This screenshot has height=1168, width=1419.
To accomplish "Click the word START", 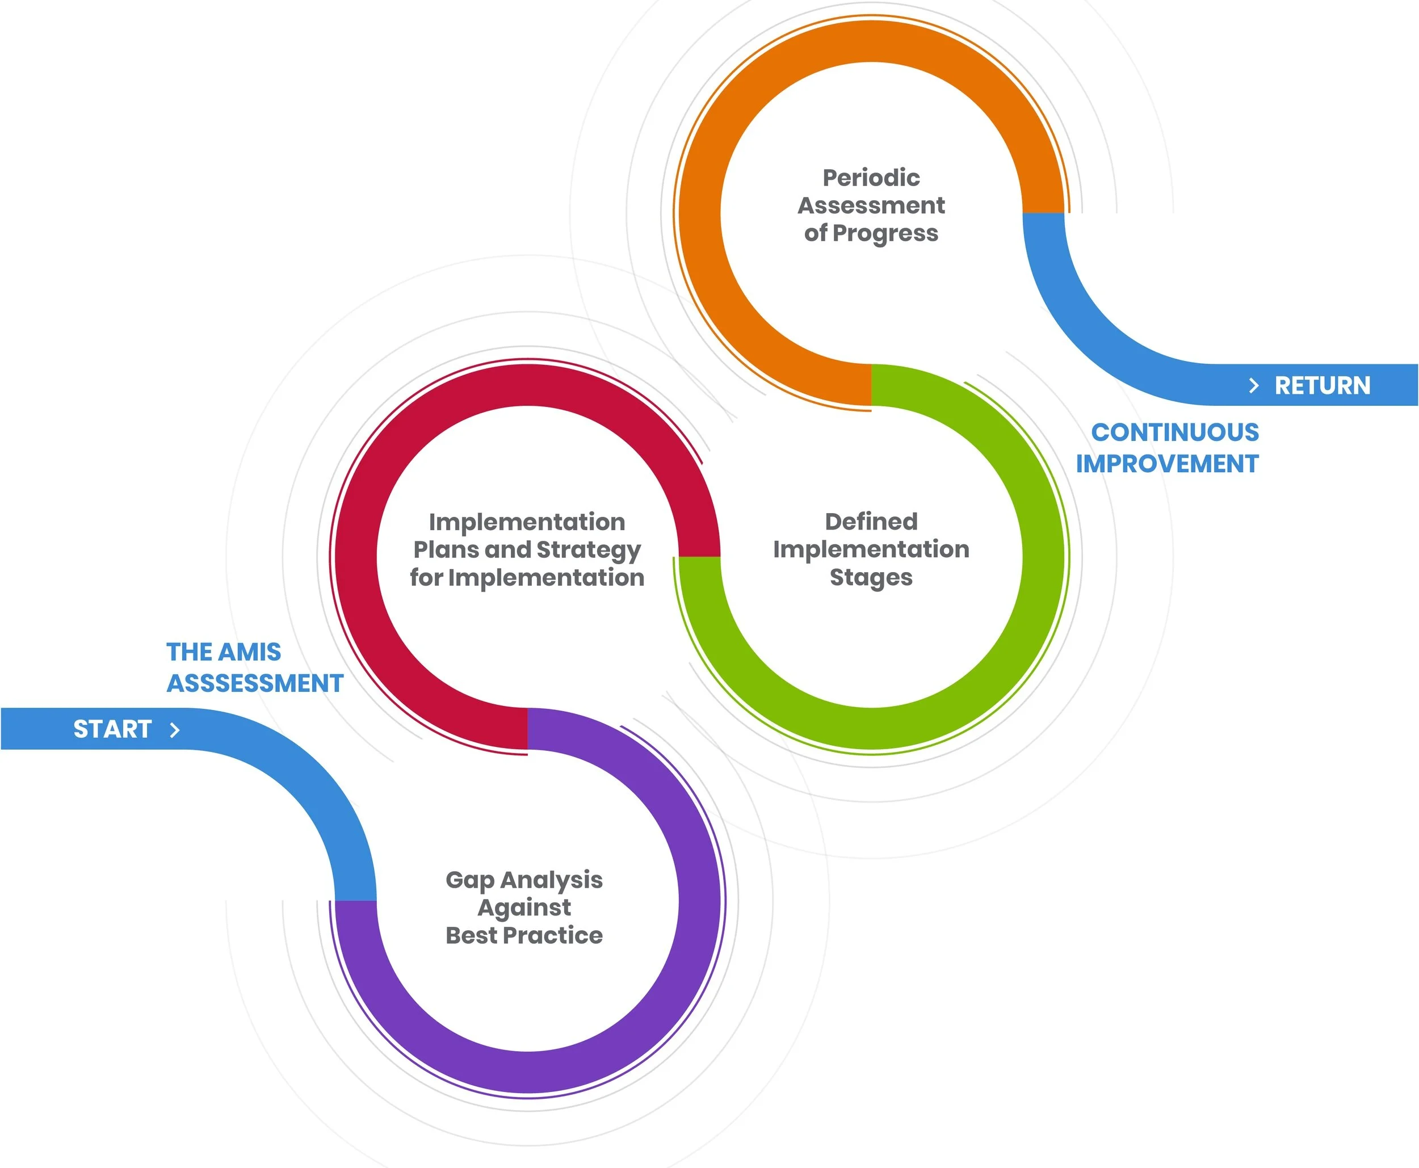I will point(112,729).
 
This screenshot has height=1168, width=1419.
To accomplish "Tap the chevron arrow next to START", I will point(175,729).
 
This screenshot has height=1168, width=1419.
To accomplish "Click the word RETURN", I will point(1322,385).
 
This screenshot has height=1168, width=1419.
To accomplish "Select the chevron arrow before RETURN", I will point(1253,385).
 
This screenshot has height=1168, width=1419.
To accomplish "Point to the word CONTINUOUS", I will point(1174,432).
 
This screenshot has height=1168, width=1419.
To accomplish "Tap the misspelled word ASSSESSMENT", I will point(255,683).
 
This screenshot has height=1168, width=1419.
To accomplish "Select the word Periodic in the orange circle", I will point(871,178).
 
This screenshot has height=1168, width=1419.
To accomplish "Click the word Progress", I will point(885,233).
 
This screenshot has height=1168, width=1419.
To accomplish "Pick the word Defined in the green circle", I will point(871,522).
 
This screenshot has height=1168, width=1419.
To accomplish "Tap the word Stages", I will point(871,578).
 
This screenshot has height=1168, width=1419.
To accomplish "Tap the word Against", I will point(524,907).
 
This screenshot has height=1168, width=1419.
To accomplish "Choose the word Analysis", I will point(551,880).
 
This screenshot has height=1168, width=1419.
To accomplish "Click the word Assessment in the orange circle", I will point(871,205).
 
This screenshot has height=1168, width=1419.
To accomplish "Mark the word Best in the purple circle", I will point(471,935).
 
